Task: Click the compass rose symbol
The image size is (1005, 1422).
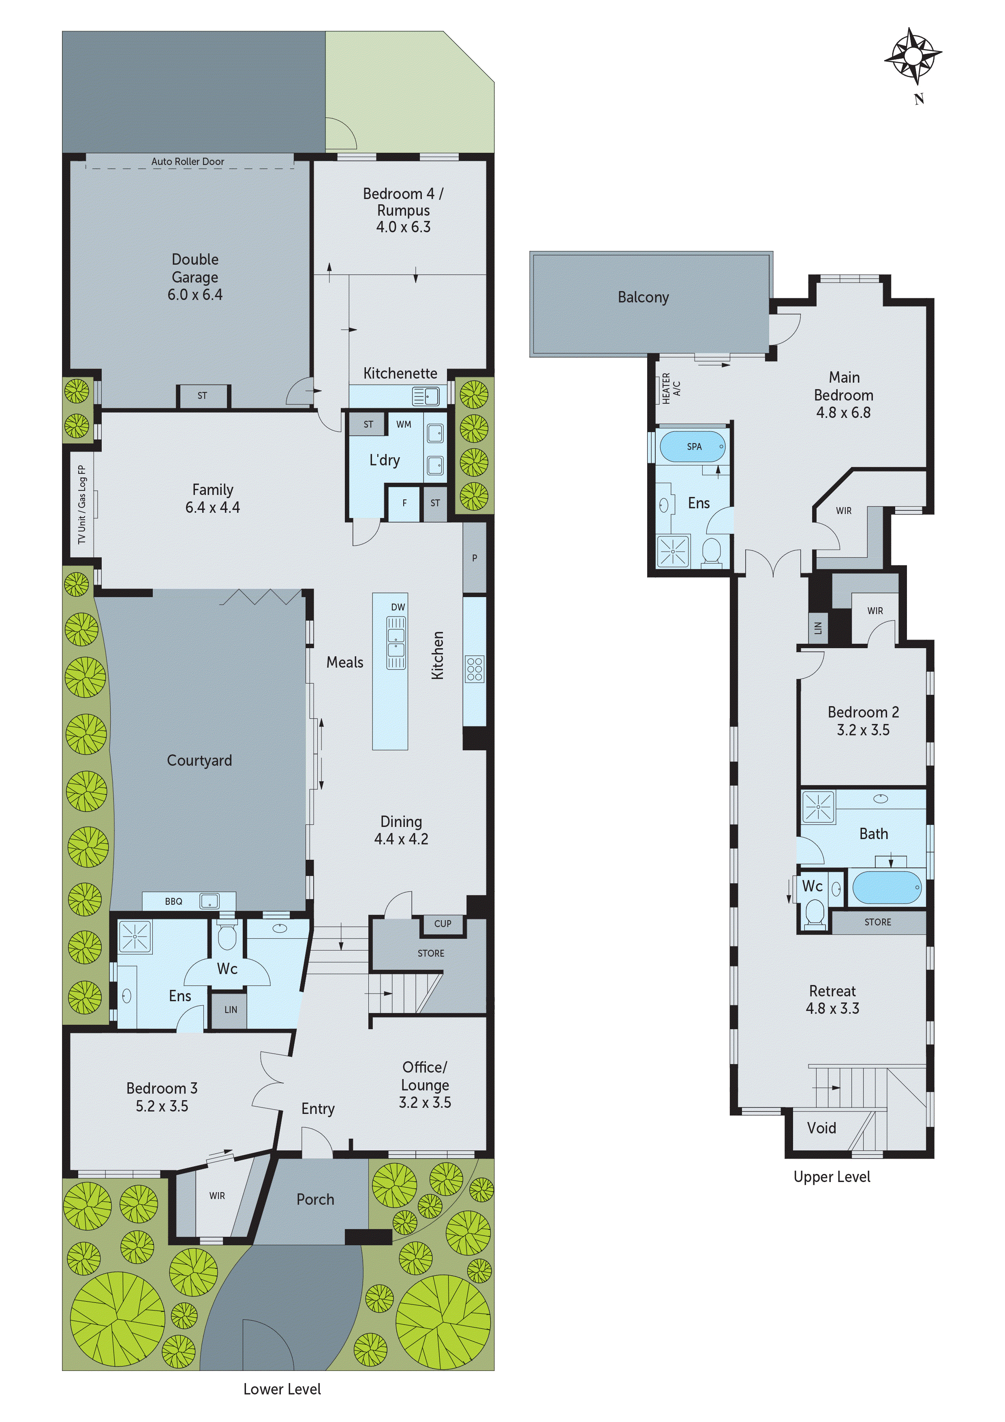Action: (x=913, y=56)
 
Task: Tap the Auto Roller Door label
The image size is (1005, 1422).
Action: (x=188, y=162)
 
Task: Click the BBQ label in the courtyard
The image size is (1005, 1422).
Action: (x=173, y=902)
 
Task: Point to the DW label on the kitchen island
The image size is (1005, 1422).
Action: (x=398, y=607)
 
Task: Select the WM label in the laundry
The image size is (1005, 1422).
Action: (x=404, y=424)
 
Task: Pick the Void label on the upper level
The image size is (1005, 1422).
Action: (x=821, y=1128)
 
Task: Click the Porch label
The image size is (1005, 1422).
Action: (x=315, y=1199)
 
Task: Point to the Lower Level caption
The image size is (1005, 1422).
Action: (x=282, y=1389)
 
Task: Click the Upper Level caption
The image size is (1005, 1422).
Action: (x=832, y=1177)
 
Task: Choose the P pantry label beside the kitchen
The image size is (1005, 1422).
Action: (x=474, y=558)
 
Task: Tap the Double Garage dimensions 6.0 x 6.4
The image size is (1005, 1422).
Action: (x=195, y=295)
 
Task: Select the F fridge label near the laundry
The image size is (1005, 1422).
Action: (x=404, y=503)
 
